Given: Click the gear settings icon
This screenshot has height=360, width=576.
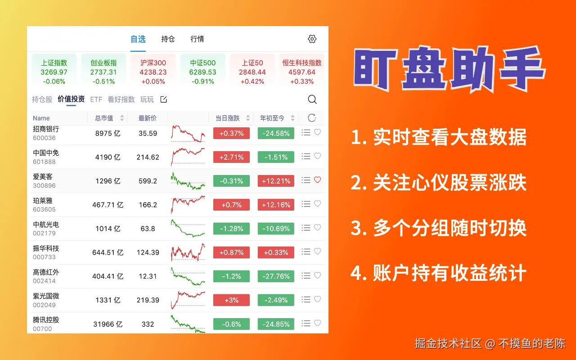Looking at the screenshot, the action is click(x=312, y=39).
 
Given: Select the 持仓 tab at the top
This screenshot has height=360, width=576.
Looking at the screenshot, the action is click(x=168, y=39).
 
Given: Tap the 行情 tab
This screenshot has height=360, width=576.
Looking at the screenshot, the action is click(x=197, y=39).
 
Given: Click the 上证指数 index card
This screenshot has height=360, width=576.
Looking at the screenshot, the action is click(x=54, y=70).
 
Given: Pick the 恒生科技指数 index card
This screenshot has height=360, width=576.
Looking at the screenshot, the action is click(x=302, y=70).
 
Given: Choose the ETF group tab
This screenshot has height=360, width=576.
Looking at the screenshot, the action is click(x=96, y=99).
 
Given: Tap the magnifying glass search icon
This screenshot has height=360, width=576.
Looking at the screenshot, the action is click(x=312, y=99).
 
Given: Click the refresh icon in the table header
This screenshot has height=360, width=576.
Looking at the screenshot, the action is click(x=312, y=118).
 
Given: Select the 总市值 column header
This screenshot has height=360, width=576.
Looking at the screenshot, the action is click(x=104, y=118).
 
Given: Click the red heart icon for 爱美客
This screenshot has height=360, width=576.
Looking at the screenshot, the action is click(x=318, y=180).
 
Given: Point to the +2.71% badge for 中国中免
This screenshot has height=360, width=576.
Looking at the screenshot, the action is click(x=231, y=157).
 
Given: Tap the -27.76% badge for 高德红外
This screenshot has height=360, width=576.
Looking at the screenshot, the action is click(x=276, y=276).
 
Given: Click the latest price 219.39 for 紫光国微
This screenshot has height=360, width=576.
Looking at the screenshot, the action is click(x=148, y=300).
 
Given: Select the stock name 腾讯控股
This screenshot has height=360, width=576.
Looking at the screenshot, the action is click(x=46, y=320).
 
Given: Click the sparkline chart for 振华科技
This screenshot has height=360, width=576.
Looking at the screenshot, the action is click(x=188, y=252).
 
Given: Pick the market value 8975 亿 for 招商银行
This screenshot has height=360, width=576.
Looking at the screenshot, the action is click(x=108, y=133).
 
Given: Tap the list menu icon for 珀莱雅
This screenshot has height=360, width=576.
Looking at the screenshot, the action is click(x=306, y=204).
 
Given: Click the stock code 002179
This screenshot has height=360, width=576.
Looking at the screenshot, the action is click(x=44, y=233).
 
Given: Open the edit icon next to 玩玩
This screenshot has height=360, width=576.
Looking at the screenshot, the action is click(x=163, y=99).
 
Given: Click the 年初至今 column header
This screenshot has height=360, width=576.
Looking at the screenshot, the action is click(x=272, y=118).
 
